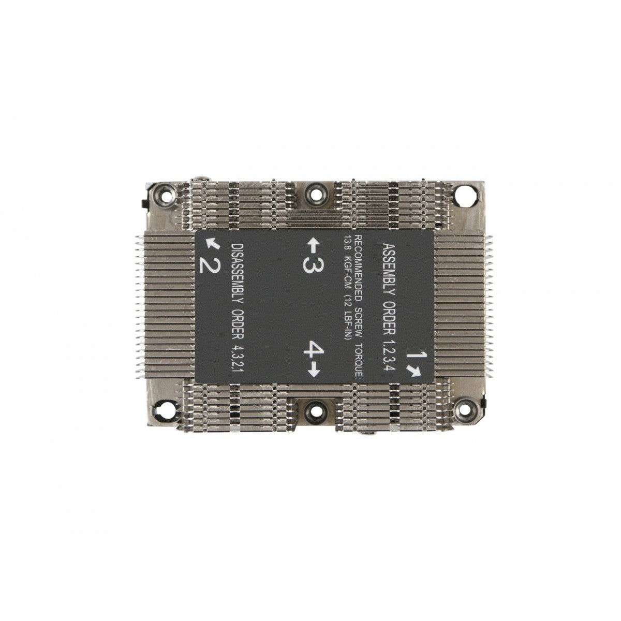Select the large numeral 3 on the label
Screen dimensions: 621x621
(314, 265)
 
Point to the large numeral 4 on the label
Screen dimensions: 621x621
(314, 348)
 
